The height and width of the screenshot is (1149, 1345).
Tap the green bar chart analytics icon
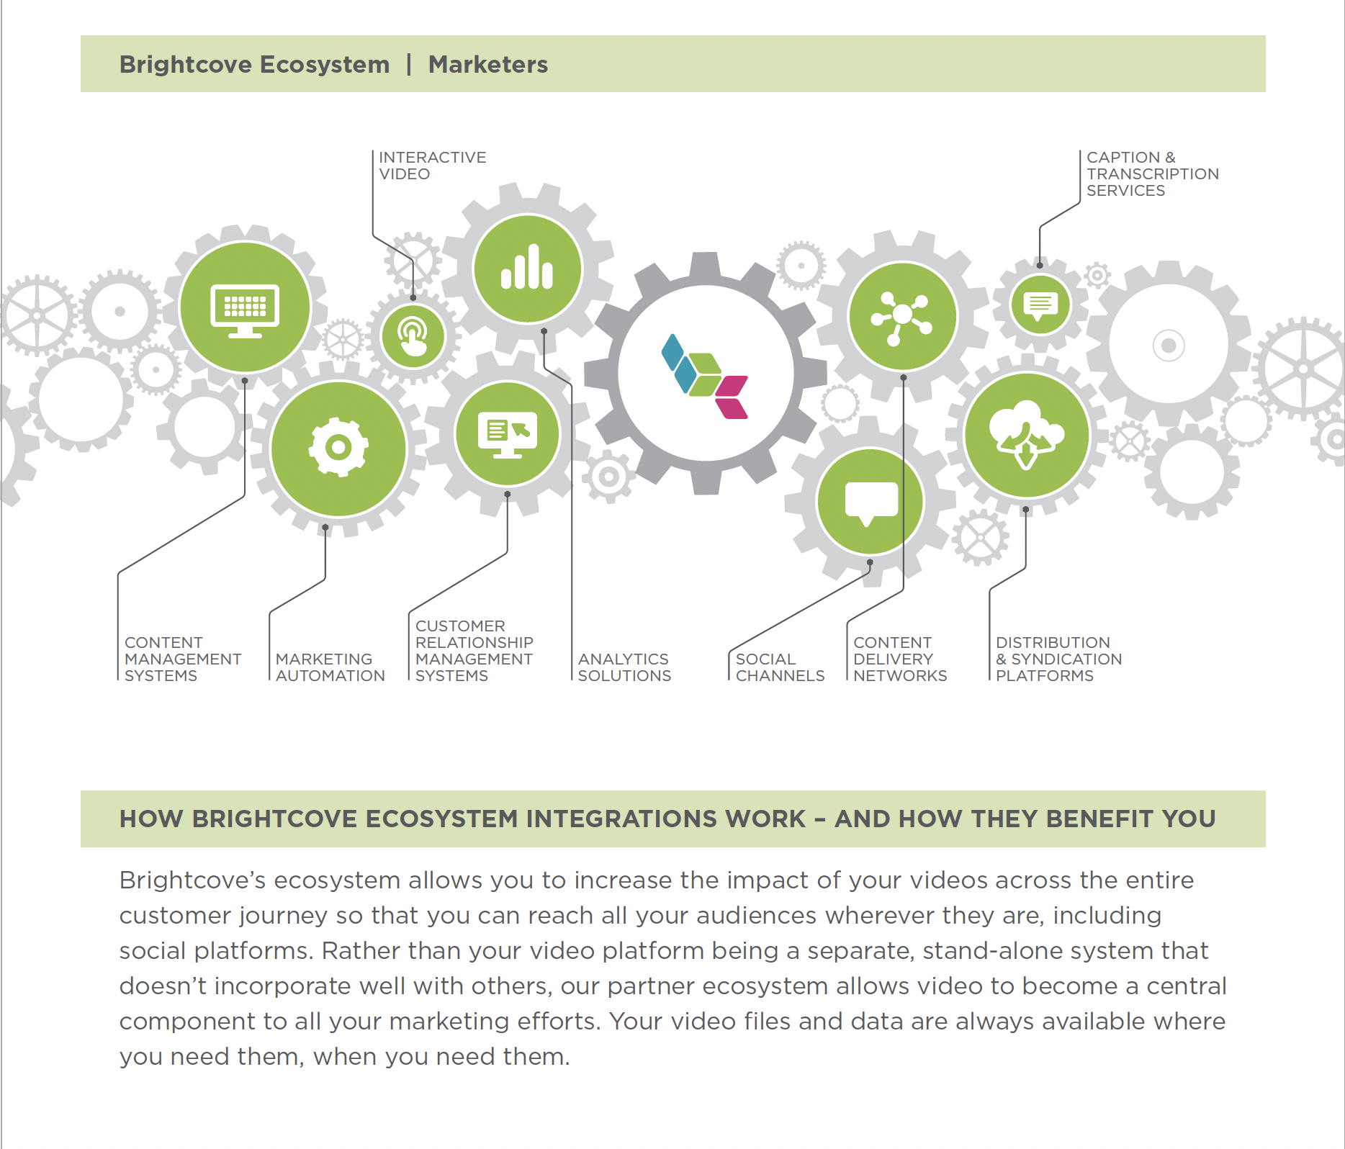point(528,268)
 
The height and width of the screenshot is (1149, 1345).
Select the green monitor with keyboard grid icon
point(245,308)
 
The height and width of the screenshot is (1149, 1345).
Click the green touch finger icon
point(413,336)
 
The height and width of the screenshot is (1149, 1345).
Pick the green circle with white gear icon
point(338,448)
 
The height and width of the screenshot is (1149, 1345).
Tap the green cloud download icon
point(1027,435)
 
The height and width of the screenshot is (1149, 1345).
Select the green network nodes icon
point(902,317)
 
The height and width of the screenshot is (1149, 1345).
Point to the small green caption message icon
point(1040,305)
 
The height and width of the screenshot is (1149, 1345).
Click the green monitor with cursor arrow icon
point(508,434)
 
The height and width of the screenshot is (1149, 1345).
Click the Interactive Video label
point(432,166)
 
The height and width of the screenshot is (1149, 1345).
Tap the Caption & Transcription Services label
point(1152,174)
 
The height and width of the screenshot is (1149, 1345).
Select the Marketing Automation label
point(330,667)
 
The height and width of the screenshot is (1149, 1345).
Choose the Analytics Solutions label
point(624,667)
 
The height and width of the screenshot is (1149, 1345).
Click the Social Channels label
point(780,667)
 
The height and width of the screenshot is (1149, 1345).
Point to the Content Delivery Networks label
point(900,659)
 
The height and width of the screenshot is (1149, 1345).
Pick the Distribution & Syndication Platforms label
point(1058,659)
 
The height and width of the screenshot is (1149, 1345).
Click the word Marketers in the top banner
point(488,64)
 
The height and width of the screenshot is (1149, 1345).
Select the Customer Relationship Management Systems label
point(474,651)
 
